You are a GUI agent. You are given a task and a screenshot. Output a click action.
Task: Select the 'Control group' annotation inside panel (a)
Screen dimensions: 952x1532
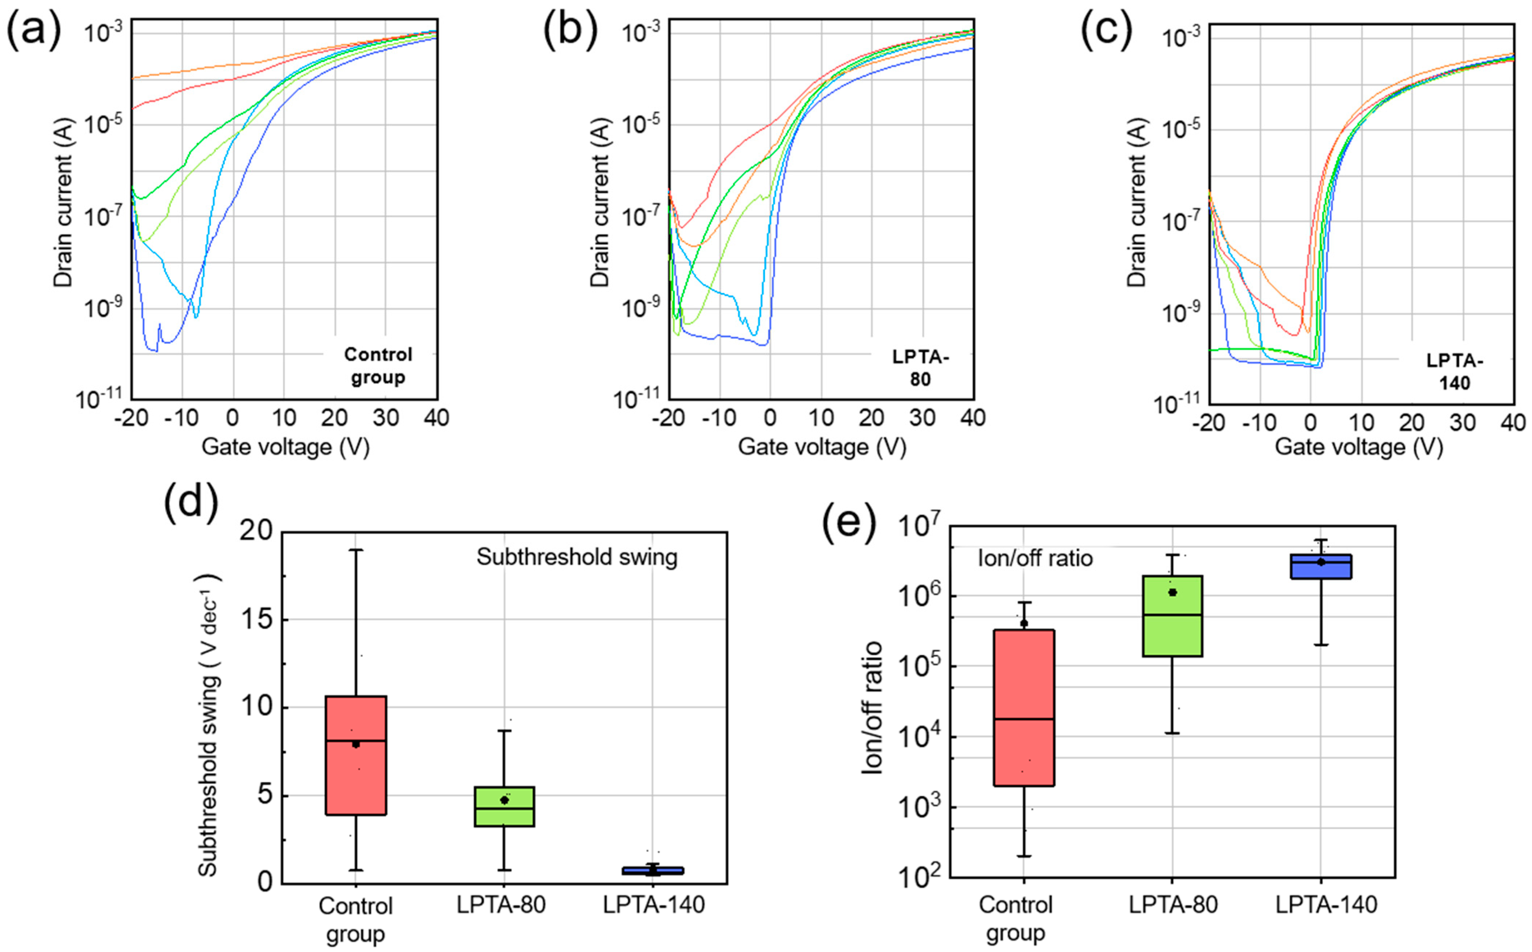coord(378,366)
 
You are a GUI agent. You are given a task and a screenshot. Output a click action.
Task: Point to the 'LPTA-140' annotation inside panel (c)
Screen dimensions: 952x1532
coord(1455,371)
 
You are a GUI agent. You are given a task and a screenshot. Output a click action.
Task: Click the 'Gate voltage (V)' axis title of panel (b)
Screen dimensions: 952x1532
coord(822,447)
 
